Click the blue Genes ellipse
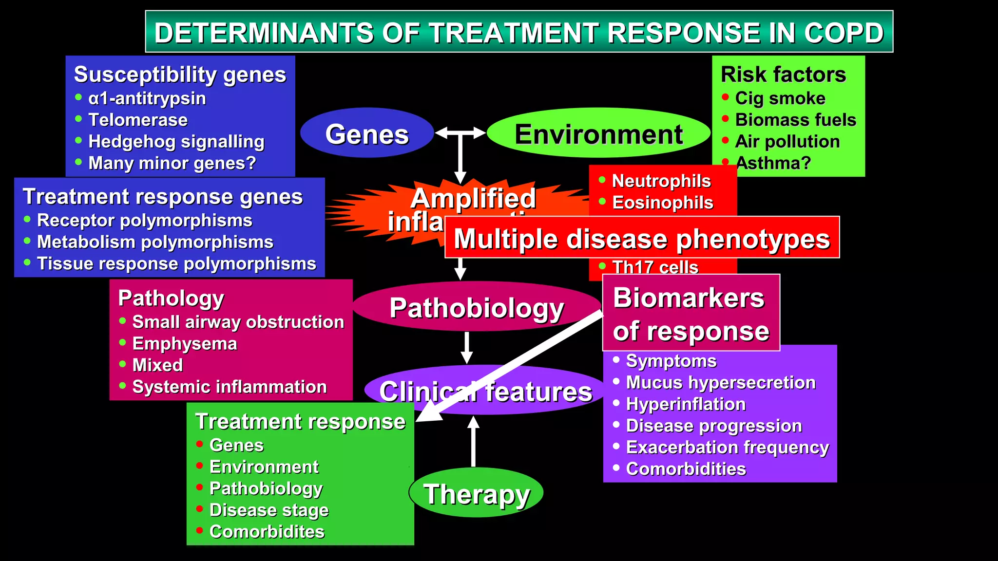367,133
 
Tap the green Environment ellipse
598,133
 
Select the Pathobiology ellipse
476,307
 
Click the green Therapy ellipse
476,493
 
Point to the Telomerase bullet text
138,120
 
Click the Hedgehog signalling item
176,142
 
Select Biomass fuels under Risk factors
795,120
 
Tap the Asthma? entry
773,163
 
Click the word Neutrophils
661,181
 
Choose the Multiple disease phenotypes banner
642,238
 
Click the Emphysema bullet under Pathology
185,344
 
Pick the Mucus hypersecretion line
720,383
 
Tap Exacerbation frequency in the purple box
727,448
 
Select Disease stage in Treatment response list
269,510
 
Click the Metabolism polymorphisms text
155,242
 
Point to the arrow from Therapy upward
473,441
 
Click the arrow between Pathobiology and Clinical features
467,348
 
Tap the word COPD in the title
844,33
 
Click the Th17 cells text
654,267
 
